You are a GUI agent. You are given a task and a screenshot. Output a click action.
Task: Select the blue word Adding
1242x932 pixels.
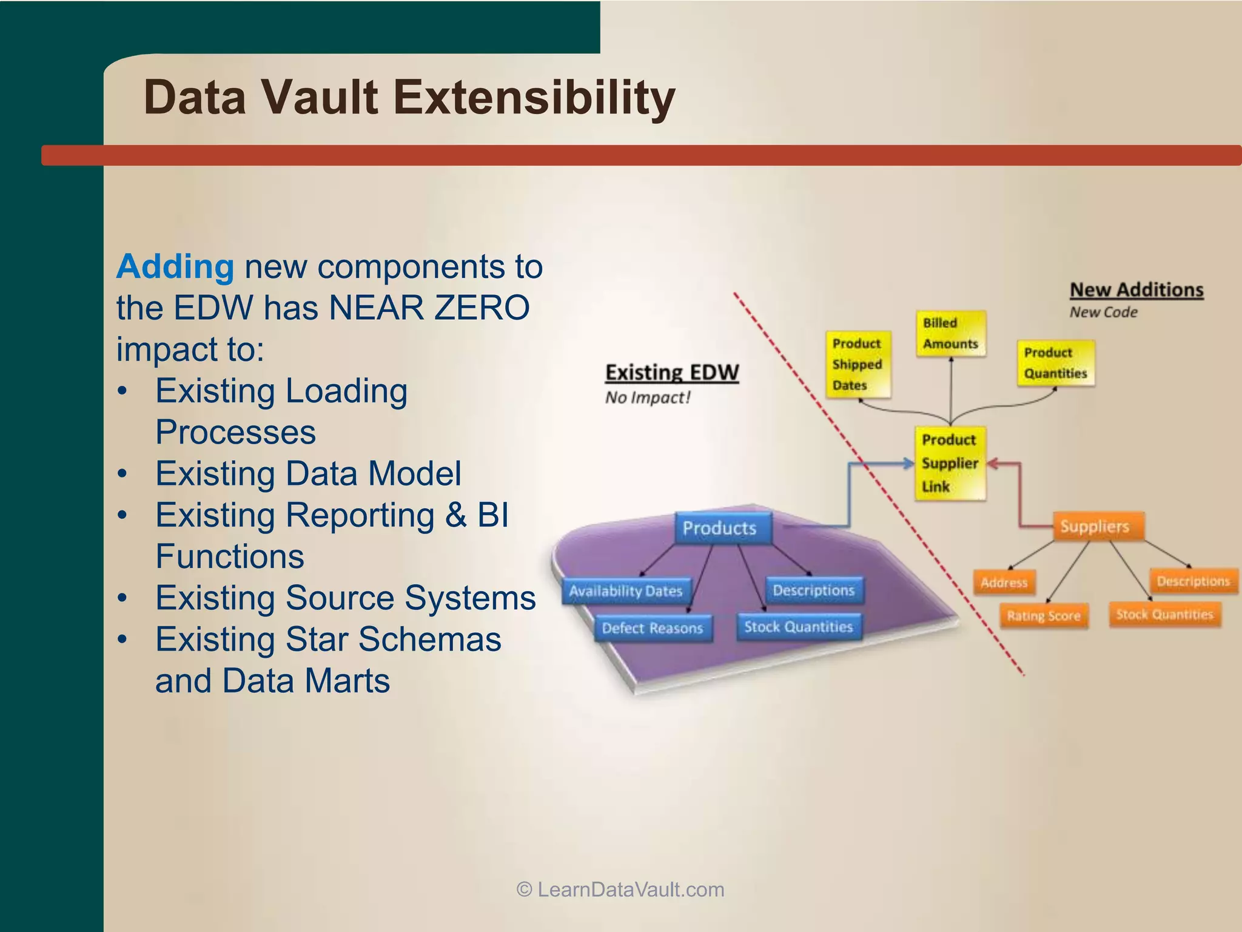[x=175, y=267]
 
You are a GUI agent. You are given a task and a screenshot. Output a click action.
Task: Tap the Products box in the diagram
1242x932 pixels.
[x=720, y=528]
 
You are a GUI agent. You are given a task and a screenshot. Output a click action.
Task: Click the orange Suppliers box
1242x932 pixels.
[x=1095, y=527]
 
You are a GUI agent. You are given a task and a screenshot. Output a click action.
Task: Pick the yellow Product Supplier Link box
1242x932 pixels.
[x=949, y=464]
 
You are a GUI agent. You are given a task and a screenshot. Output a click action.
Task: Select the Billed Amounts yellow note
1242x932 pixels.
[x=950, y=334]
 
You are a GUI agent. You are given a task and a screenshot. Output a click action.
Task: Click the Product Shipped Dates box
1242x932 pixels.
[x=857, y=364]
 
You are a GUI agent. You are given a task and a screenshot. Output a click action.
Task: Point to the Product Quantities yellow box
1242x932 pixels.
[x=1055, y=363]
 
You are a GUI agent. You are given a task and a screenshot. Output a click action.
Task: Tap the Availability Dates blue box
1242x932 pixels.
[x=625, y=591]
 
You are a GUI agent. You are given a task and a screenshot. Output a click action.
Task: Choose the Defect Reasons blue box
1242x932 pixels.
[x=652, y=628]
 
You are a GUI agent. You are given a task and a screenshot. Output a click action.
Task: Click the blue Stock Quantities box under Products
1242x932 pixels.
[x=798, y=627]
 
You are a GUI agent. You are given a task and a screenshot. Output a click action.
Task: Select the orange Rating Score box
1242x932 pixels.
[x=1043, y=616]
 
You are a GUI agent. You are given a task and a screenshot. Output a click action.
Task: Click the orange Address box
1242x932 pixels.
[x=1004, y=582]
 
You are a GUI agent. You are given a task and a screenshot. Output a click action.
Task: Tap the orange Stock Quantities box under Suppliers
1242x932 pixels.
[x=1164, y=615]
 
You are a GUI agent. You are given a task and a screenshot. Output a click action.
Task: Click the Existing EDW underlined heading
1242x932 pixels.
[x=672, y=372]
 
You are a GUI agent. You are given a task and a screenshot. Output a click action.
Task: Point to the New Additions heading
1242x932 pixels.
[x=1136, y=290]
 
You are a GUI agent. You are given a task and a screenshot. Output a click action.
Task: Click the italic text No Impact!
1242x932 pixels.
[x=648, y=398]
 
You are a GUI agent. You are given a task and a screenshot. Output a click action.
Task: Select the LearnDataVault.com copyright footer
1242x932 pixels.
[x=620, y=890]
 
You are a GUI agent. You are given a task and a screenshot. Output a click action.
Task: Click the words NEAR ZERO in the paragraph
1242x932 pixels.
[x=429, y=308]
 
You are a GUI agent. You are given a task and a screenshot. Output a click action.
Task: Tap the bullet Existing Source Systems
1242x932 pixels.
[x=345, y=598]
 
